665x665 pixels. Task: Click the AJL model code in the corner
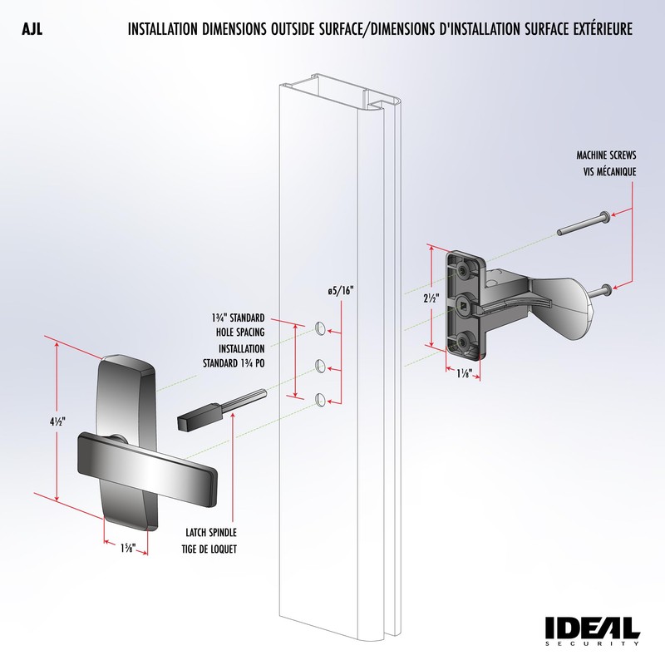(x=32, y=30)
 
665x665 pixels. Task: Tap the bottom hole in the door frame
(x=320, y=401)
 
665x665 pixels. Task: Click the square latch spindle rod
(x=212, y=411)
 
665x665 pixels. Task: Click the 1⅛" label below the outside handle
(x=126, y=549)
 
